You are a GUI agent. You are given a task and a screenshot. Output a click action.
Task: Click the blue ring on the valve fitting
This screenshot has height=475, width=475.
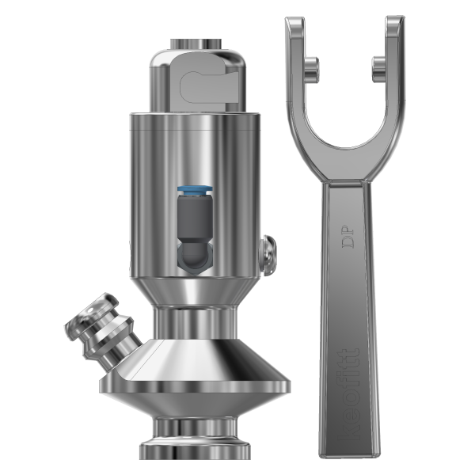pos(194,191)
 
